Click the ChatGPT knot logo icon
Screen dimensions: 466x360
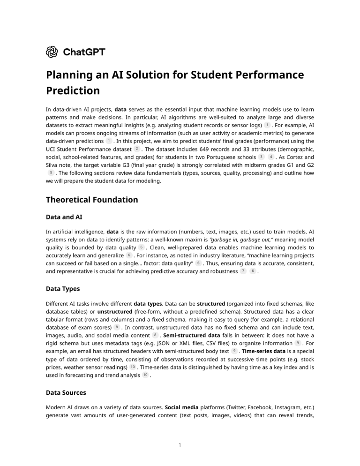pyautogui.click(x=52, y=52)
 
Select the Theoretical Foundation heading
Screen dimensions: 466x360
pyautogui.click(x=92, y=200)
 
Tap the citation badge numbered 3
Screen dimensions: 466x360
pyautogui.click(x=261, y=157)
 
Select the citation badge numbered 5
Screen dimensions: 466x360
pyautogui.click(x=50, y=173)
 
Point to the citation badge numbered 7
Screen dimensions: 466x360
pyautogui.click(x=243, y=271)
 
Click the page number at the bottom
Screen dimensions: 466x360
pyautogui.click(x=180, y=445)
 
